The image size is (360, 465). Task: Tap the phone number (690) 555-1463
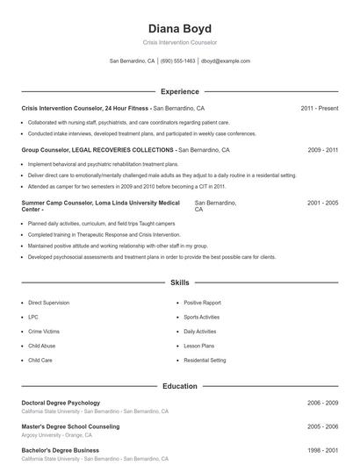(178, 61)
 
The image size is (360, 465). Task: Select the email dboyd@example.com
(226, 61)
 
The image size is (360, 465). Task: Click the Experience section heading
(179, 91)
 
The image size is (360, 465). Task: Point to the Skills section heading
(179, 283)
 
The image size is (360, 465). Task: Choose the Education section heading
(179, 386)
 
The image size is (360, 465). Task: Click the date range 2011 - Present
(319, 108)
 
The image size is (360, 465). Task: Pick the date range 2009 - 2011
(322, 150)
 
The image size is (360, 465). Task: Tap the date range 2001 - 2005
(322, 203)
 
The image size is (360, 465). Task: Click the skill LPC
(33, 317)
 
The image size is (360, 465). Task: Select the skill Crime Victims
(44, 332)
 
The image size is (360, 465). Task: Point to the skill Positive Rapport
(202, 302)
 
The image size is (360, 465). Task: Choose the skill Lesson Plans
(198, 346)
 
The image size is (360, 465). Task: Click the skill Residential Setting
(205, 361)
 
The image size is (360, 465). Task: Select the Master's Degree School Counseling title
(70, 426)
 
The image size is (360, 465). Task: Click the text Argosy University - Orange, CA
(58, 434)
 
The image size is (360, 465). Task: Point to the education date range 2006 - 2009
(322, 403)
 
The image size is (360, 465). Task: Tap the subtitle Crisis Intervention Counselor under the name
(179, 42)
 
